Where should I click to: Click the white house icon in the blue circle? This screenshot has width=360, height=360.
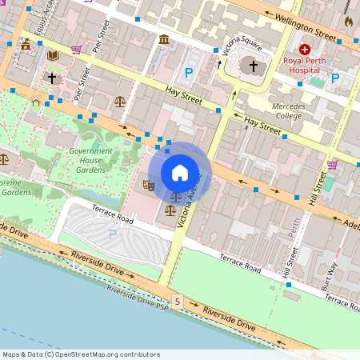[180, 172]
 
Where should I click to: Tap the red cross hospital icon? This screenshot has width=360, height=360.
[305, 49]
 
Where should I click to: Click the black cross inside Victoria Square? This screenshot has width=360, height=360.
[254, 66]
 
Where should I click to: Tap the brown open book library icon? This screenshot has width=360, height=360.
[53, 55]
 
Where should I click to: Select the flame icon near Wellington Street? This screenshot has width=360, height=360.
[349, 22]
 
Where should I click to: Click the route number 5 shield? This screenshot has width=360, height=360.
[177, 301]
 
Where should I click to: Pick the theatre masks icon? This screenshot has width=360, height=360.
[148, 186]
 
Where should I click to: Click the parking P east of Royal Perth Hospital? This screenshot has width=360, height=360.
[336, 78]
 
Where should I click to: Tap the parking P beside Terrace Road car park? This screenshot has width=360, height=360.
[113, 234]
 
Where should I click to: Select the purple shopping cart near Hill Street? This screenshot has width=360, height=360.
[332, 165]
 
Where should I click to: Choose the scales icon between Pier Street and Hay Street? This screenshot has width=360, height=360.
[120, 102]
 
